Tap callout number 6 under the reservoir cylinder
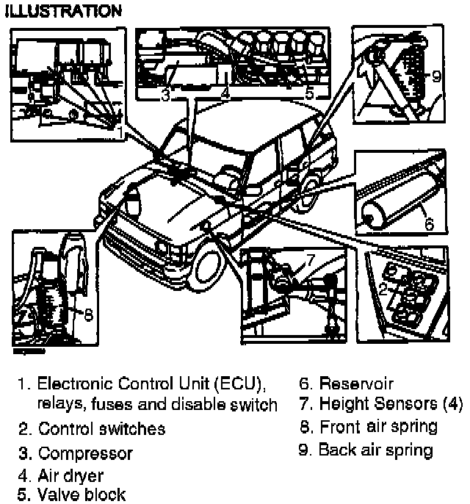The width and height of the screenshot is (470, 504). click(x=429, y=222)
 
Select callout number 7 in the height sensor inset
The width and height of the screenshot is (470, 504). click(x=308, y=259)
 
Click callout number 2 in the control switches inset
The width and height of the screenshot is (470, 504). click(x=383, y=289)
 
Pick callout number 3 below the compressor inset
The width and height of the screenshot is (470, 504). click(x=165, y=95)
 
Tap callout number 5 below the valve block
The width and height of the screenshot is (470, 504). click(x=309, y=93)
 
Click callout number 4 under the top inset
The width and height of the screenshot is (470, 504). click(x=225, y=95)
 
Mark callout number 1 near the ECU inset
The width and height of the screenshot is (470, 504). click(x=119, y=132)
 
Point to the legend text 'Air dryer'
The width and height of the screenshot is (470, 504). click(x=70, y=476)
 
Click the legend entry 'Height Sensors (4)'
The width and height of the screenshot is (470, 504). click(x=380, y=404)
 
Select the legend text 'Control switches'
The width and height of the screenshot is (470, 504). click(x=101, y=428)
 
